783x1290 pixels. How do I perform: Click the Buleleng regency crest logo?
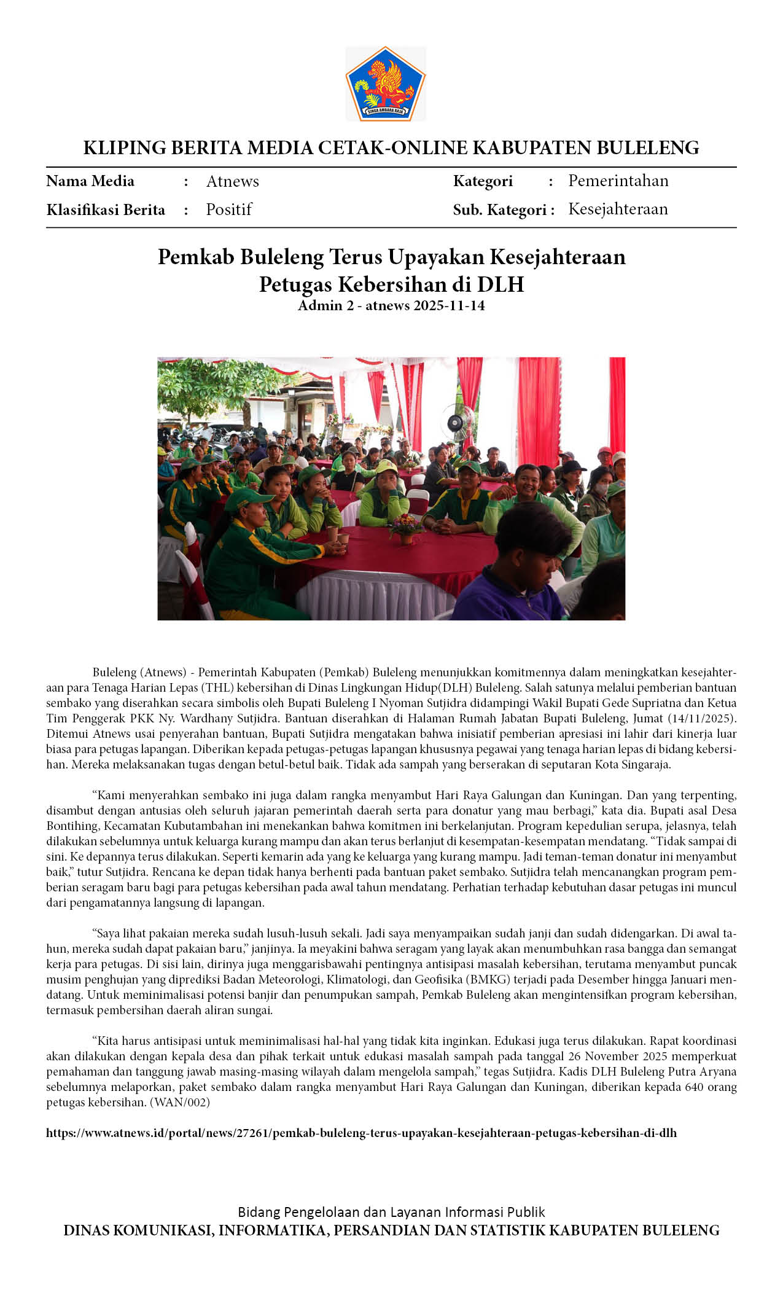[x=385, y=84]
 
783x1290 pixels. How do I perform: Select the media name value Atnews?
[x=232, y=181]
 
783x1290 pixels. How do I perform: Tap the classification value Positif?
[x=229, y=209]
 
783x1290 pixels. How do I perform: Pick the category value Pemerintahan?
[x=618, y=181]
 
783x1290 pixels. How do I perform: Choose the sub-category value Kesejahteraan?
[x=618, y=209]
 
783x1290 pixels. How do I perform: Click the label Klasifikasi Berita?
[x=106, y=210]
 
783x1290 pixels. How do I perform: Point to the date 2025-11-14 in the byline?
[x=449, y=305]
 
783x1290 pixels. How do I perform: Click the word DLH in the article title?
[x=501, y=284]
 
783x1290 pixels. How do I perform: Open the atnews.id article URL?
[x=361, y=1133]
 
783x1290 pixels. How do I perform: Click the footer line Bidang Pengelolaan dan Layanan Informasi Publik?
[x=391, y=1212]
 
